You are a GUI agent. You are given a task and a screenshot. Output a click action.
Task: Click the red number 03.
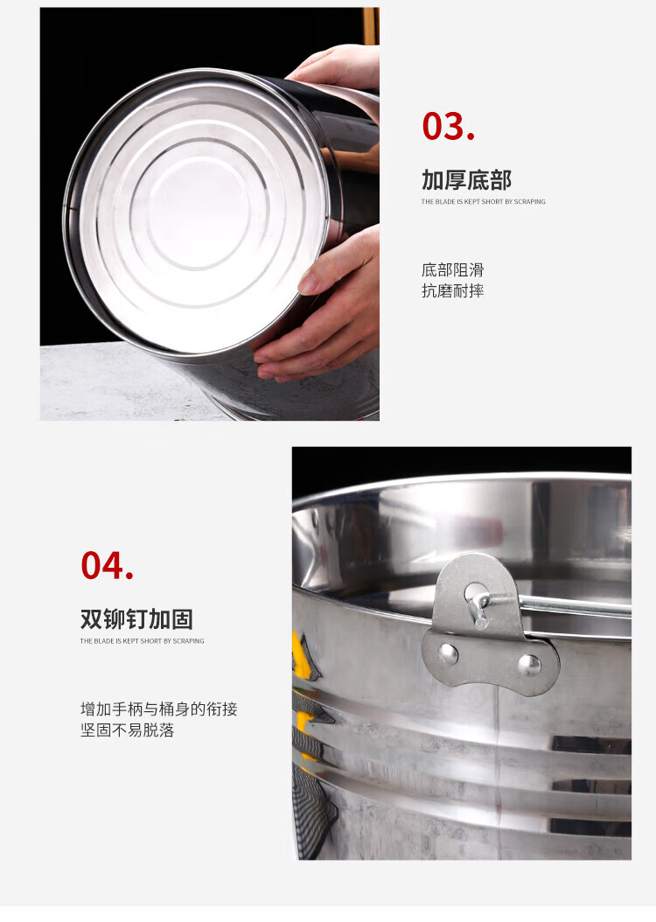448,127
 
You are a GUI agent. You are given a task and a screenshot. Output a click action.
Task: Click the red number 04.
107,566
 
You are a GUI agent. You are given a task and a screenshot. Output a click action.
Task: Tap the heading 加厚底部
466,180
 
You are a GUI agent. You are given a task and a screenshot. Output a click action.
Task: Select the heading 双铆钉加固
136,619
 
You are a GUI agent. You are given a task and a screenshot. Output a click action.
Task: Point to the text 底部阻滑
452,270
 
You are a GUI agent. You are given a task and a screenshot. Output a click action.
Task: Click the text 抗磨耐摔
452,290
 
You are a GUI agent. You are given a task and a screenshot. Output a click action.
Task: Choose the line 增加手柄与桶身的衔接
158,709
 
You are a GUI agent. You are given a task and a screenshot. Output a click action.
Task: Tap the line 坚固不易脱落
128,730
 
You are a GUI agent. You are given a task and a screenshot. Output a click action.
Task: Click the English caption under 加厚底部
483,202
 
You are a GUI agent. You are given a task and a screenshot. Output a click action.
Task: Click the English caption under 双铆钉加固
143,641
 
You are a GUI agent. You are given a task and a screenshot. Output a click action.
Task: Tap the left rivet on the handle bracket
448,653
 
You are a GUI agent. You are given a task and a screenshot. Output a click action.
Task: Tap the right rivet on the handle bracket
530,665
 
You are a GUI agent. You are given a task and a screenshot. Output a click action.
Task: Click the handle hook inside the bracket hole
479,609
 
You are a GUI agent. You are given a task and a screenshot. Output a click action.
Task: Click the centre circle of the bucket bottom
199,212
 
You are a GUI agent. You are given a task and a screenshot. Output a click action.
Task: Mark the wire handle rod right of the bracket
576,604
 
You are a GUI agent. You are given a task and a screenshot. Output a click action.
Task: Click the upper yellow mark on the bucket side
303,655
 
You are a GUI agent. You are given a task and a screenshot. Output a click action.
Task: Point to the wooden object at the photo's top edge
370,25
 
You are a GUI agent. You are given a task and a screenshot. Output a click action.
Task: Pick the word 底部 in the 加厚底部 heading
489,180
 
